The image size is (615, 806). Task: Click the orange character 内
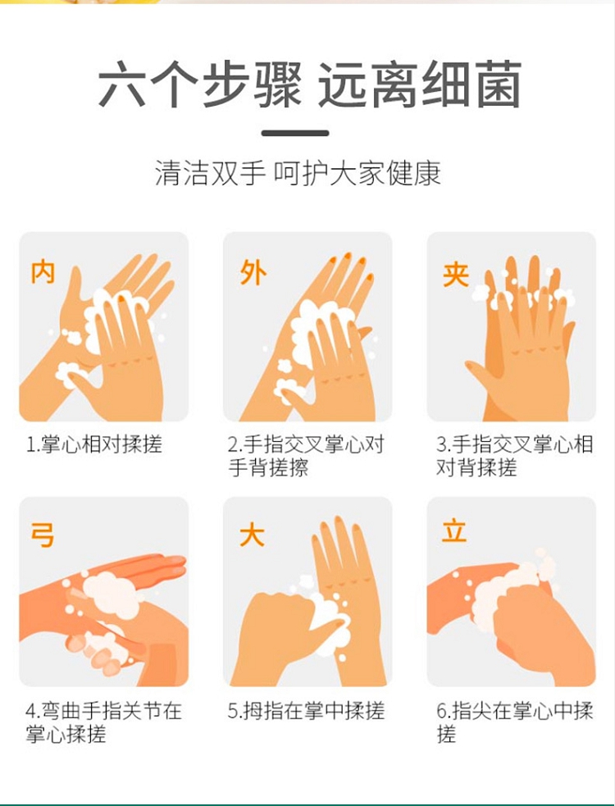[43, 272]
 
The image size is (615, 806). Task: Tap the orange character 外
[253, 272]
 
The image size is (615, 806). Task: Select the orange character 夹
[456, 274]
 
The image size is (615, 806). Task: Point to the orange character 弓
[43, 535]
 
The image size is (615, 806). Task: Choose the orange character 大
[252, 535]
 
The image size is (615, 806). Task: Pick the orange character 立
[454, 531]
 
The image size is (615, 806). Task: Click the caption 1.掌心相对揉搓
[94, 444]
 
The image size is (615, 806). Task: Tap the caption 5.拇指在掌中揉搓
[306, 711]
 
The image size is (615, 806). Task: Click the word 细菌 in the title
[471, 84]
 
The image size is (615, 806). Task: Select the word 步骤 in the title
[252, 84]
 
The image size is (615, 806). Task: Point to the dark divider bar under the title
[295, 133]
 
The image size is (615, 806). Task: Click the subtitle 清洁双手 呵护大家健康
[298, 173]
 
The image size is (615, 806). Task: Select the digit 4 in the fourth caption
[31, 712]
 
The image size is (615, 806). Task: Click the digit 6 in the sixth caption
[442, 712]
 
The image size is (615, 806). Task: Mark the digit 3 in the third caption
[441, 445]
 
